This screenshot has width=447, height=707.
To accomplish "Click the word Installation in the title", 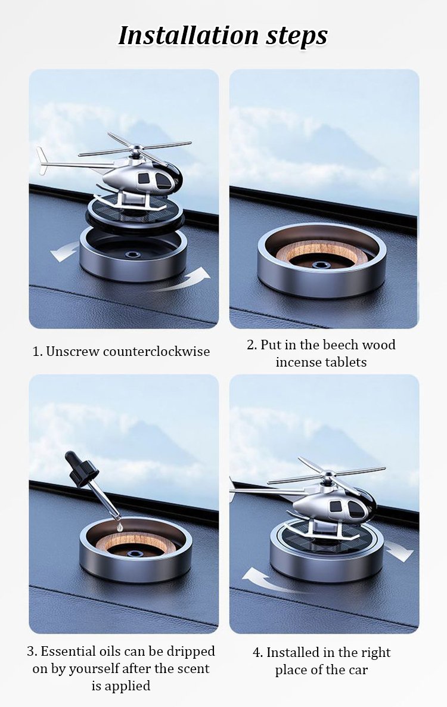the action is point(188,35).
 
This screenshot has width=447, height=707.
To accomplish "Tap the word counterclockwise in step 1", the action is point(156,351).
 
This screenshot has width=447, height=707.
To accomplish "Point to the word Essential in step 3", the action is point(68,652).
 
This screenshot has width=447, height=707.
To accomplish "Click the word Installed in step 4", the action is point(291,652).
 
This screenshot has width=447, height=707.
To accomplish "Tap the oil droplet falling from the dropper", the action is point(119,525).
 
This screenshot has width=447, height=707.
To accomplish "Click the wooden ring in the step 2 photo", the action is point(321,252).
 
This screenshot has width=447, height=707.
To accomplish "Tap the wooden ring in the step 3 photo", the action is point(135,539).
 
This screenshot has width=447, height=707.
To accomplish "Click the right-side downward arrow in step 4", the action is point(399,550).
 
